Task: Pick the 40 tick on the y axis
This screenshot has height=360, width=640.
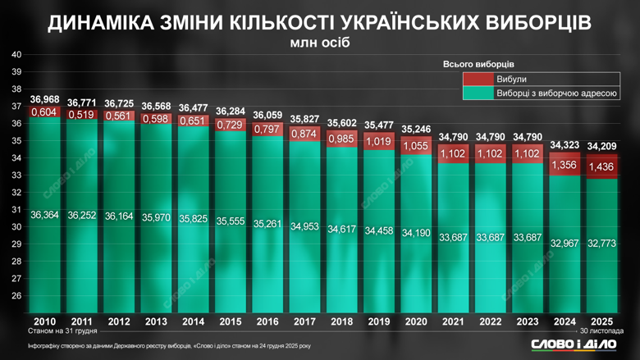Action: coord(16,55)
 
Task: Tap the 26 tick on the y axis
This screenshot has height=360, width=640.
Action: coord(16,296)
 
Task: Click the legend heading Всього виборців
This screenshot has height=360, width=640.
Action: coord(478,64)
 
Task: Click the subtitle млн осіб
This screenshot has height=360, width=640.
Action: coord(319,42)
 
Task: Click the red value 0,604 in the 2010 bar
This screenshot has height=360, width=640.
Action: coord(43,112)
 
